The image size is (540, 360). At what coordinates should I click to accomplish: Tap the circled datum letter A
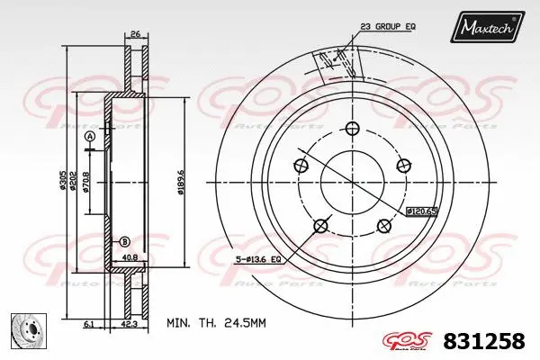[x=89, y=136]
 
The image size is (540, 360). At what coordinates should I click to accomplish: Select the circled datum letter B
[x=124, y=240]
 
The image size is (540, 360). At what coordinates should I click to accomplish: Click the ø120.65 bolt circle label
[x=420, y=211]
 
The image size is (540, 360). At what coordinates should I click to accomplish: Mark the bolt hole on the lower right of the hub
[x=384, y=225]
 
